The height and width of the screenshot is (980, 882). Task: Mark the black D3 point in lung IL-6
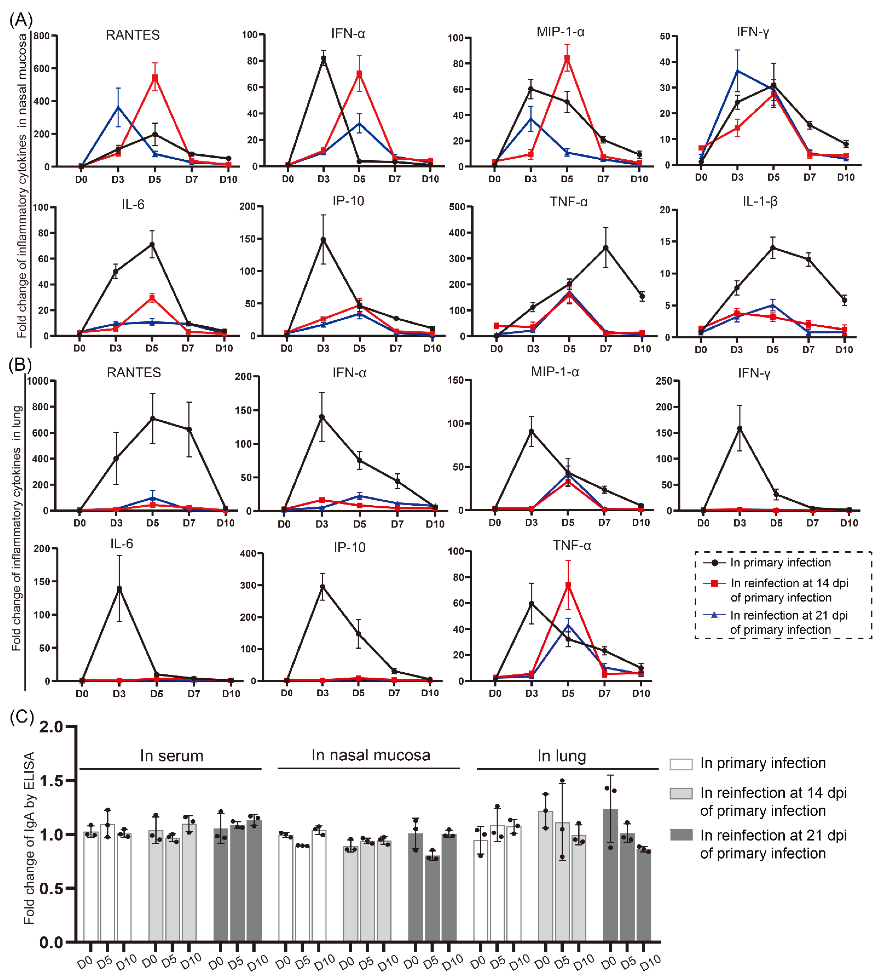pos(119,588)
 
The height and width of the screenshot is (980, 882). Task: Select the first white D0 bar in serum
pos(91,887)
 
